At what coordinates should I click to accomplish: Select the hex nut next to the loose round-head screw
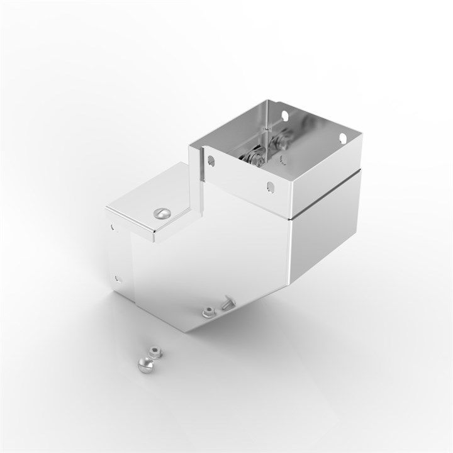coord(151,351)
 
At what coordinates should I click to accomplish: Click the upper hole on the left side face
coord(112,225)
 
